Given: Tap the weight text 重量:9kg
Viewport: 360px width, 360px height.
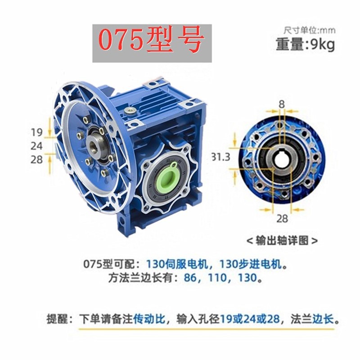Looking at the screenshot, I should [x=306, y=45].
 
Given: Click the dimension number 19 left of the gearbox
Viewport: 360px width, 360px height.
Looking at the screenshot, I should [x=37, y=132].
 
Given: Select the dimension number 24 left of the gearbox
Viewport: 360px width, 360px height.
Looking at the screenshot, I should [x=37, y=146].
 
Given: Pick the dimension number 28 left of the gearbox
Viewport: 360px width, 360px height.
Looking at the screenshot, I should [x=37, y=159].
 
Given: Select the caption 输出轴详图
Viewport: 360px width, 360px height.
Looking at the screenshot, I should [x=282, y=241].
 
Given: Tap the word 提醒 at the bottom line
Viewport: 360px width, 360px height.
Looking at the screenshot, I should [x=57, y=319].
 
